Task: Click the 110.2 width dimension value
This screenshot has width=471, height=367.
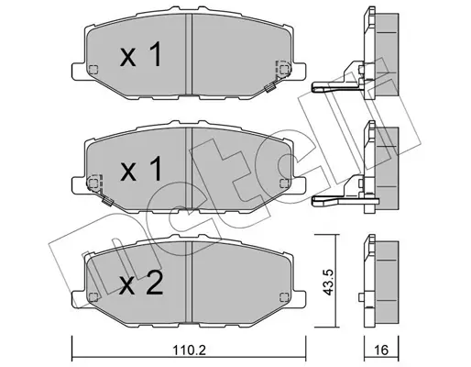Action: click(x=190, y=350)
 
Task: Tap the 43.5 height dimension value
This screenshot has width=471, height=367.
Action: click(x=328, y=283)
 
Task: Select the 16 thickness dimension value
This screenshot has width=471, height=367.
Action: click(x=381, y=350)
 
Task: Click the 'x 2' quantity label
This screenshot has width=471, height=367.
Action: click(x=141, y=284)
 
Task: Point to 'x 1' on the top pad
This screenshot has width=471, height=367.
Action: click(x=140, y=54)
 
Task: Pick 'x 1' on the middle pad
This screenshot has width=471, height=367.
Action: click(x=141, y=169)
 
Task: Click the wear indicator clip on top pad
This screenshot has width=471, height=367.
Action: click(x=270, y=88)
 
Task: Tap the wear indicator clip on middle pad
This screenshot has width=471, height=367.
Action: click(x=107, y=201)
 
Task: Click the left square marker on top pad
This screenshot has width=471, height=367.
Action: click(x=93, y=70)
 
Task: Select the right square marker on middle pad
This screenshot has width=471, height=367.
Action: click(x=284, y=183)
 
